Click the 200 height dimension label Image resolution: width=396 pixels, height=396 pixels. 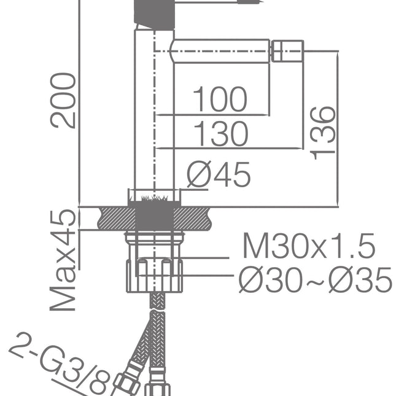tap(64, 100)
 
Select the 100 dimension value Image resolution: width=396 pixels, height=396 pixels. tap(220, 99)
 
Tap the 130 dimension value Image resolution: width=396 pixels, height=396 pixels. tap(220, 134)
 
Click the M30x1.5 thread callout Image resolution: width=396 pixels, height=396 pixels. tap(308, 247)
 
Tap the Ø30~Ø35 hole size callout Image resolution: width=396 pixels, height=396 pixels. tap(314, 281)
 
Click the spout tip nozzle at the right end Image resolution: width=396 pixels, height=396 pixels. tap(287, 50)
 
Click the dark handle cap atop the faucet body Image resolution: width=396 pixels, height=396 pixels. tap(154, 12)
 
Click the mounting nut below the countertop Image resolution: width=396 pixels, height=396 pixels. tap(154, 274)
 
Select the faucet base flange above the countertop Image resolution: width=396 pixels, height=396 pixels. tap(154, 196)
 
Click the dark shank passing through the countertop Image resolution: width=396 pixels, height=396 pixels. tap(154, 218)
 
